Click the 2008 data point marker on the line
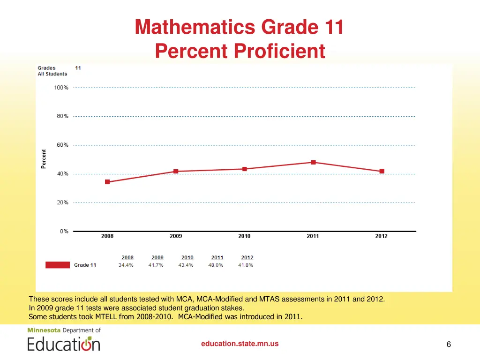(107, 182)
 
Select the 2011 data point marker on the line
(313, 162)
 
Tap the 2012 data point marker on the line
(382, 171)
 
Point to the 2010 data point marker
(245, 169)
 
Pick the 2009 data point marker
(176, 171)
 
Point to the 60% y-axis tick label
(63, 145)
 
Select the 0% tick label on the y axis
(64, 231)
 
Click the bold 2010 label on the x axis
(244, 236)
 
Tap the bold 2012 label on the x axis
(381, 236)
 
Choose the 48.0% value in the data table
(216, 265)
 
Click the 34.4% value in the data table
(126, 265)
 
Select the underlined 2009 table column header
(157, 257)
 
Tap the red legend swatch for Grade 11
(58, 265)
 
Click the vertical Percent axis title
(44, 159)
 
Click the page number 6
(449, 345)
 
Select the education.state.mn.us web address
(240, 344)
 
